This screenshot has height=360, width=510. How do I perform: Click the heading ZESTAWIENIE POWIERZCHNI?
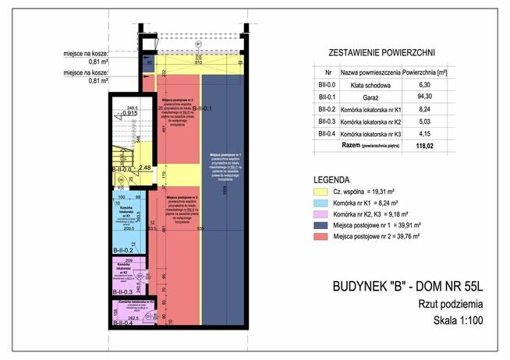coord(374,53)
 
